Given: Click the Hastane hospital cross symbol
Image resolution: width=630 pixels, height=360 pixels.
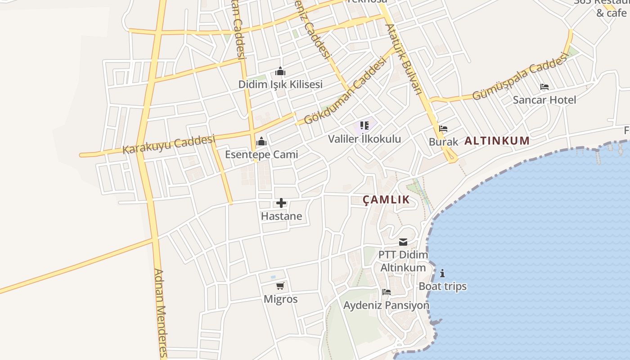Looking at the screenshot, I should [x=281, y=203].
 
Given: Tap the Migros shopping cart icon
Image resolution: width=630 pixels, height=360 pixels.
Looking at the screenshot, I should [x=280, y=286].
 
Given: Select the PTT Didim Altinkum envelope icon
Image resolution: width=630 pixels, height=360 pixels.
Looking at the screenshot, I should [x=403, y=242].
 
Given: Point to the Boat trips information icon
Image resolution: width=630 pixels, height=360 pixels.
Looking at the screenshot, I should [x=442, y=273].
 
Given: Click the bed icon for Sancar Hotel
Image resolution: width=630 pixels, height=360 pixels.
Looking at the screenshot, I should [x=544, y=87].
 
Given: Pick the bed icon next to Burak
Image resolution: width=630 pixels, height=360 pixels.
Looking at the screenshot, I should [x=443, y=129].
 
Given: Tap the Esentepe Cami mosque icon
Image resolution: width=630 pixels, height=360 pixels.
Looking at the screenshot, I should [x=261, y=142].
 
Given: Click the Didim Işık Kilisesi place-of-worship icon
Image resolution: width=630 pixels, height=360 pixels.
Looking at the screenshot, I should [x=280, y=72].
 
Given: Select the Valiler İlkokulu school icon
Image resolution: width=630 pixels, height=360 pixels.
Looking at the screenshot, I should [x=364, y=126].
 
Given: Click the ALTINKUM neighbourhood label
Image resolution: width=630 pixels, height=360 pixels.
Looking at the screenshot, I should [x=497, y=141].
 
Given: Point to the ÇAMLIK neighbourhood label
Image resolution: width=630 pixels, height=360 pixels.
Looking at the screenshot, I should [x=387, y=200].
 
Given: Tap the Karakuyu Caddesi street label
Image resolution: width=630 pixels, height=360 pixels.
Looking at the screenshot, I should [x=169, y=144].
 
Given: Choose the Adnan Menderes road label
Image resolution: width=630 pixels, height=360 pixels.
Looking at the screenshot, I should [x=161, y=313].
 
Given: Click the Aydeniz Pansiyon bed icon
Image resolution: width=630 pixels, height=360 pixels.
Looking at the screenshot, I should [x=386, y=292].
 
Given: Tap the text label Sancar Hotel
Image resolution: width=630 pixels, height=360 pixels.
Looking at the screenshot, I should [x=544, y=99].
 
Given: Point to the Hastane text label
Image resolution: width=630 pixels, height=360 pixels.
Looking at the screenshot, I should [x=281, y=216].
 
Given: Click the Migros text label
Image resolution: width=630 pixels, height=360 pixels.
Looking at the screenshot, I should [x=280, y=299].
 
